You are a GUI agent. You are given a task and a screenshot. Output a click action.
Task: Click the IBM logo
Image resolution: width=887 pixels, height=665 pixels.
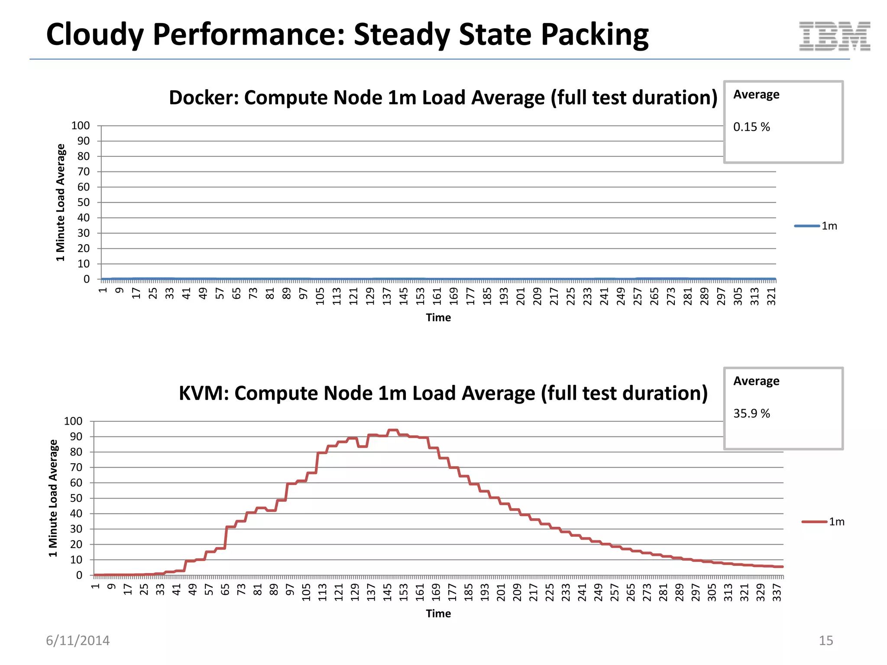coord(834,36)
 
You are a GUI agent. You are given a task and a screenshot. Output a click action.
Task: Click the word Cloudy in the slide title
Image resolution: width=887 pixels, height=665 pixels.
coord(95,35)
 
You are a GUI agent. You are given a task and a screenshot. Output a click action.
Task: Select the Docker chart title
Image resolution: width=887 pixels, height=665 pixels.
coord(443,98)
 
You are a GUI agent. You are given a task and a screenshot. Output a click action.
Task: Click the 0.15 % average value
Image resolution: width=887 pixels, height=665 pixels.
coord(751,127)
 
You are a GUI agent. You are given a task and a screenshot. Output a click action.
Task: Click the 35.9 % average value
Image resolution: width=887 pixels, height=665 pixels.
coord(751,413)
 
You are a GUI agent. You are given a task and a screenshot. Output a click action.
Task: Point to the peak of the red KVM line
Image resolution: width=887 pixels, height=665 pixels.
coord(392,430)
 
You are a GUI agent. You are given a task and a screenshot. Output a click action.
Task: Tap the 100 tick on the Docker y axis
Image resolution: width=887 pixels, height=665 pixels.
coord(81,126)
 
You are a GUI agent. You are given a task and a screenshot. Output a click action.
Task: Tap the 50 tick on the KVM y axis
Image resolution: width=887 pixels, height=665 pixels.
coord(76,498)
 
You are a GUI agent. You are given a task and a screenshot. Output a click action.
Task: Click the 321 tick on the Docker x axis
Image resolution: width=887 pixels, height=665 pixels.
coord(771,297)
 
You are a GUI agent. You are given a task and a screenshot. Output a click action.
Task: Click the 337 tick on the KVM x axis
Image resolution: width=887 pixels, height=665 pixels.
coord(777,592)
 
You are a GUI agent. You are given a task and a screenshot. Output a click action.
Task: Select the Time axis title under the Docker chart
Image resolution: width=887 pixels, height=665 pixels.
coord(438,318)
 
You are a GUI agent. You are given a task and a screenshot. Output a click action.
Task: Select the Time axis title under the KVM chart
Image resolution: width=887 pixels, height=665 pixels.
coord(438,613)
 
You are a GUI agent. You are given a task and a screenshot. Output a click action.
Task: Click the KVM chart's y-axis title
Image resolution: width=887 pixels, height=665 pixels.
coord(53,498)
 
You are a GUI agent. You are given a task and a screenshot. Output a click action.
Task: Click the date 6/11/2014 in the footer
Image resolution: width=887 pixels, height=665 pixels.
coord(78,640)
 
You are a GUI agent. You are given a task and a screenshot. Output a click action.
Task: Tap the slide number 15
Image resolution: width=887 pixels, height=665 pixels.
coord(825,640)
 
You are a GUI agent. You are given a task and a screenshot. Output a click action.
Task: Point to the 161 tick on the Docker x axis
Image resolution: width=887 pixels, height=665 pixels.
coord(437,297)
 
